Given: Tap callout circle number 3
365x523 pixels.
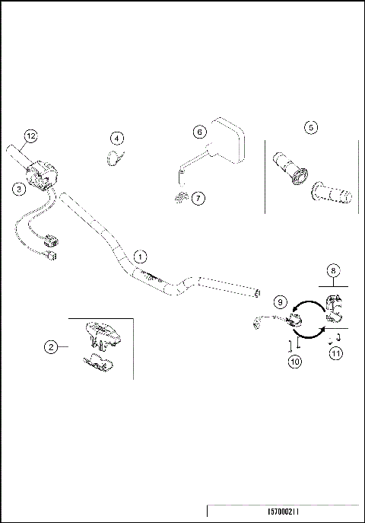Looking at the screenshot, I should [x=17, y=189].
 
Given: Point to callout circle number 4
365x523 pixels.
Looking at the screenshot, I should [x=116, y=138].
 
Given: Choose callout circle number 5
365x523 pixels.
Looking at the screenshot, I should [x=310, y=128].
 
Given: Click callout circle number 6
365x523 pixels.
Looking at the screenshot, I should [x=200, y=131].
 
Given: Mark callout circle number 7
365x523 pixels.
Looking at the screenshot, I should [x=198, y=198].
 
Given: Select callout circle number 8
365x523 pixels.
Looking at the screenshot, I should [x=332, y=269].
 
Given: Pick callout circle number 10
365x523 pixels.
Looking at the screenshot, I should [x=294, y=362].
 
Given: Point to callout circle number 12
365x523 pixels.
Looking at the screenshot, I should [x=30, y=136].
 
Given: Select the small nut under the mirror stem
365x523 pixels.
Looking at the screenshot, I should [x=179, y=199].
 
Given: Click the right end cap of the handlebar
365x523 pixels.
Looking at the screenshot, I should [x=258, y=292].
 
